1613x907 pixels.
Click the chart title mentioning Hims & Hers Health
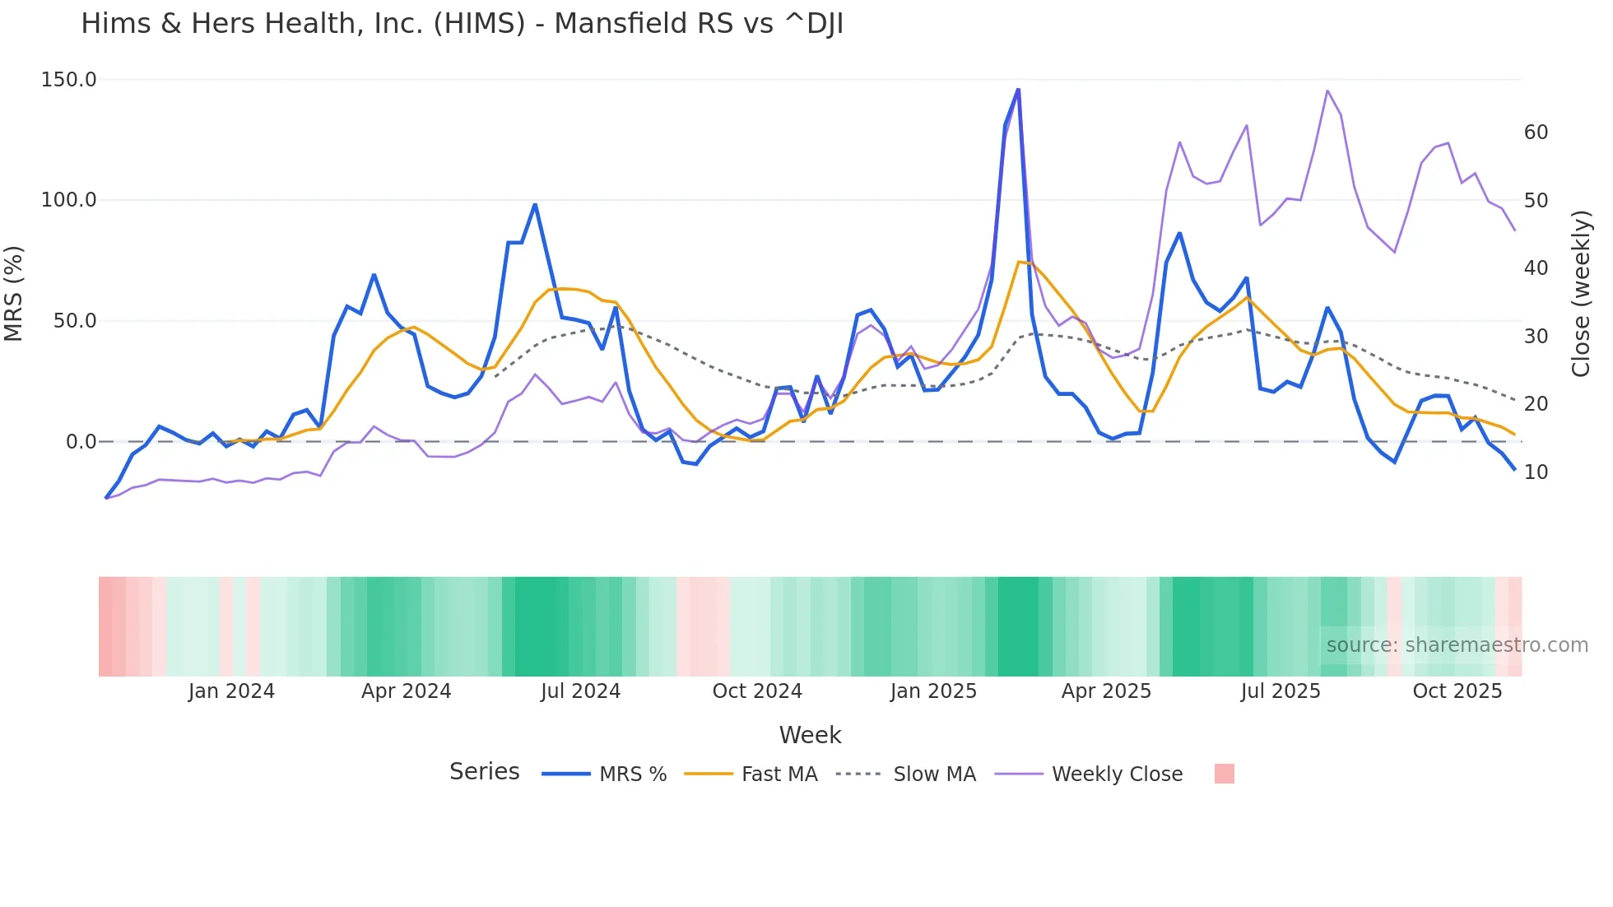(462, 24)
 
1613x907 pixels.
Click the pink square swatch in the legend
(1224, 774)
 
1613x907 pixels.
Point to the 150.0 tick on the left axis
(69, 80)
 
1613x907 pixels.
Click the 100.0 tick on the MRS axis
(69, 200)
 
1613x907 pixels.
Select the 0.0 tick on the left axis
(81, 442)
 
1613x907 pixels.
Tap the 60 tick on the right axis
(1536, 133)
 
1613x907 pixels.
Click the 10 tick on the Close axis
(1536, 472)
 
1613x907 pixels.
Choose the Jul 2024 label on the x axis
(580, 691)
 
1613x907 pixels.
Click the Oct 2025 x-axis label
(1457, 691)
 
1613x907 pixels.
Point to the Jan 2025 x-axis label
(933, 691)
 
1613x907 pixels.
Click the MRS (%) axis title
(14, 293)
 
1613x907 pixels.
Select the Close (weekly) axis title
(1581, 294)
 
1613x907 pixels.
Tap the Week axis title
(810, 735)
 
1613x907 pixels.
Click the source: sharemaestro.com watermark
(1457, 645)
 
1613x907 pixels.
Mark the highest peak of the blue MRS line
(1018, 90)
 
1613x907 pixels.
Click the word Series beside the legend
(484, 772)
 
